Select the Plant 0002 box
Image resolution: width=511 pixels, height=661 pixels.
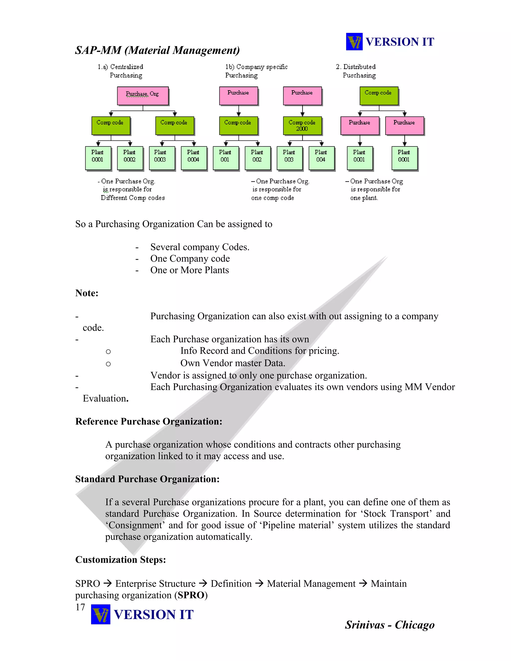coord(129,158)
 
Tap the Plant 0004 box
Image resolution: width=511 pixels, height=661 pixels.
coord(193,158)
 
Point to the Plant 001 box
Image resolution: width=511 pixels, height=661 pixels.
coord(225,158)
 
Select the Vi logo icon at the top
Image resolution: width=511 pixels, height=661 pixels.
coord(354,42)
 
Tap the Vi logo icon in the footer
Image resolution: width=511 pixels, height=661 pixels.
coord(101,614)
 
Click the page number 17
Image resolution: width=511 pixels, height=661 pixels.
coord(80,607)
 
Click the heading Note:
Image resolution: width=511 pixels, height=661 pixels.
coord(87,293)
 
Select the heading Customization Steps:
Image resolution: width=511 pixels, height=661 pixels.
coord(121,560)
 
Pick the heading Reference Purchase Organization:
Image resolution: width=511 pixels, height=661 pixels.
coord(149,421)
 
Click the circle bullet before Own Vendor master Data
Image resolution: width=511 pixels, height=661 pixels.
coord(108,364)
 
